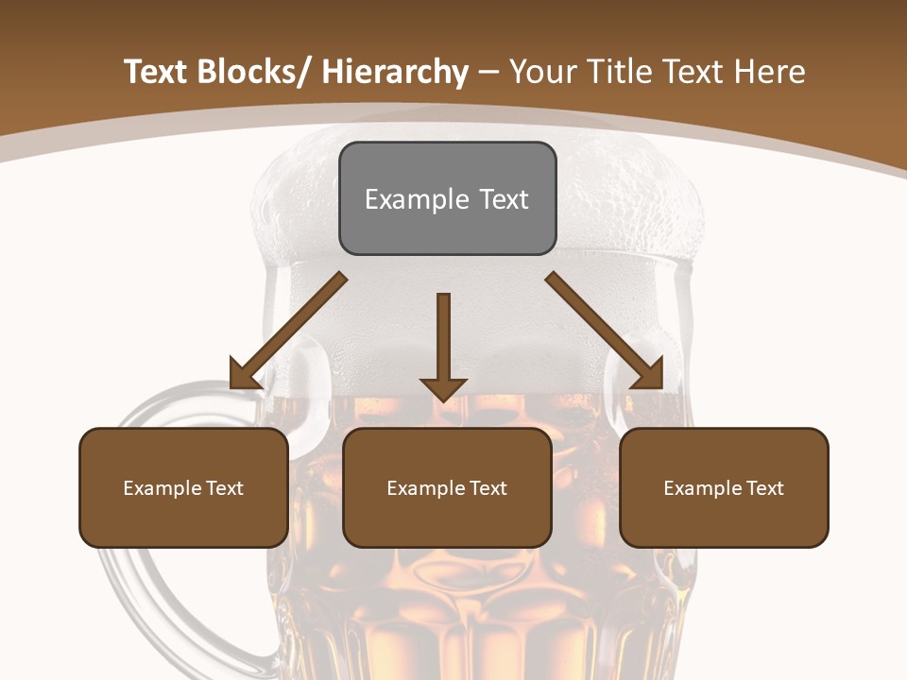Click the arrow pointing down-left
288,331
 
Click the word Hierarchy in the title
395,72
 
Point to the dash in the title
488,72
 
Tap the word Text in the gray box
502,199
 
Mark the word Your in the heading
540,72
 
